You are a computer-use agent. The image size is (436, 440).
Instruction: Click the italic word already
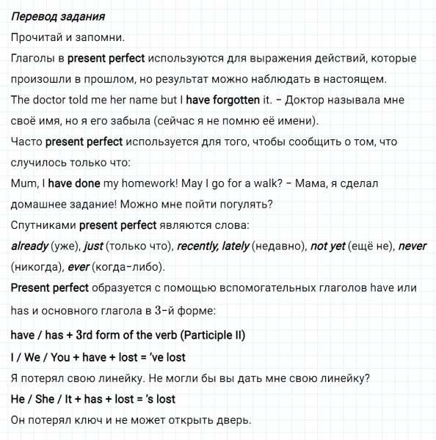pyautogui.click(x=29, y=247)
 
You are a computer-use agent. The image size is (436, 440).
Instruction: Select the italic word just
pyautogui.click(x=93, y=247)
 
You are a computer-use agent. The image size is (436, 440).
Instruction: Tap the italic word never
pyautogui.click(x=412, y=247)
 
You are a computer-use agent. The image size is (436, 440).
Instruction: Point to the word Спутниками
pyautogui.click(x=43, y=226)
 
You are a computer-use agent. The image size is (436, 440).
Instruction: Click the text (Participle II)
pyautogui.click(x=213, y=335)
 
